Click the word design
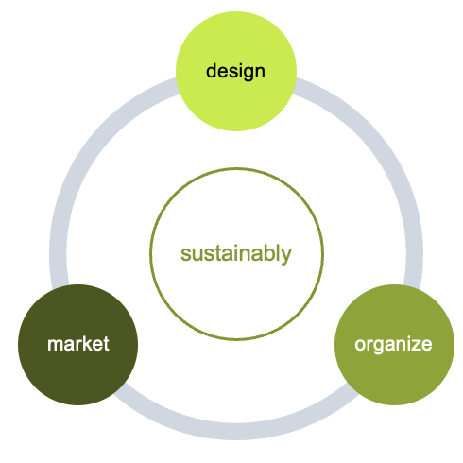(x=235, y=72)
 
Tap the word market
(x=78, y=344)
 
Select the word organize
(x=393, y=345)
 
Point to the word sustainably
(x=236, y=254)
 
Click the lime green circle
(x=236, y=71)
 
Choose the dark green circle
(x=77, y=345)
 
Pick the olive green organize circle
(x=394, y=345)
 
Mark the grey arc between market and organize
(x=236, y=431)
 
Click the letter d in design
(x=212, y=71)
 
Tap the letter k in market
(x=90, y=343)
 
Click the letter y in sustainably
(x=286, y=256)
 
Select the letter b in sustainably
(x=267, y=253)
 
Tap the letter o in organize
(x=361, y=345)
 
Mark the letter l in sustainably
(x=277, y=252)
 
